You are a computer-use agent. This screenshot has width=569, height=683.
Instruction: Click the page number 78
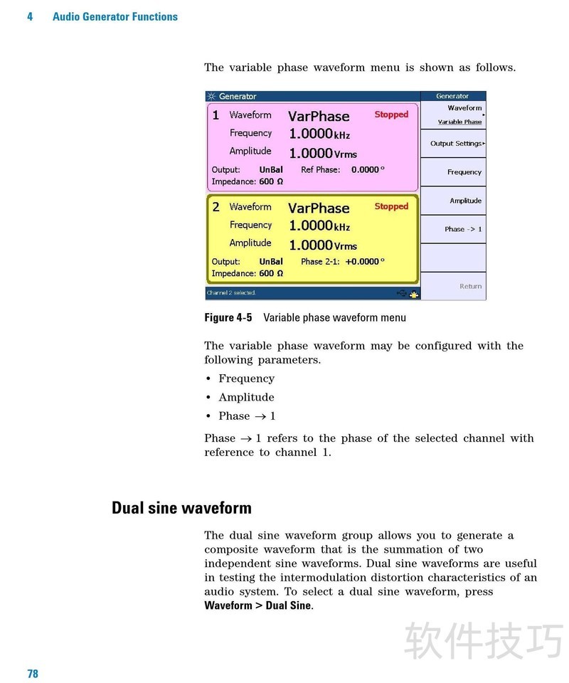click(33, 674)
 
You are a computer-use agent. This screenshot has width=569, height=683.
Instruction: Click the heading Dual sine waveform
click(181, 508)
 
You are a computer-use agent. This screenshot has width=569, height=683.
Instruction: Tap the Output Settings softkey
click(456, 144)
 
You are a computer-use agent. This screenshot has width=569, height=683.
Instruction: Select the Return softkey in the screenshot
click(470, 286)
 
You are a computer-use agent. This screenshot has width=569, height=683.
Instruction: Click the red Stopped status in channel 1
click(391, 115)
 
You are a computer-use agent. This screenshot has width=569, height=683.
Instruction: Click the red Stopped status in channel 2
click(391, 206)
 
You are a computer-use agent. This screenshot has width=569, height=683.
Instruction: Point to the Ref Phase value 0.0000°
click(368, 170)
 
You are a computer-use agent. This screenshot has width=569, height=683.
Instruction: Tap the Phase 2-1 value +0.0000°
click(364, 262)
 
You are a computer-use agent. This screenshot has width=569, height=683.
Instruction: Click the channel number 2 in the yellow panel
click(216, 207)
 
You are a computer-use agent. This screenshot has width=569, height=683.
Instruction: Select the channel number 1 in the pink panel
click(216, 115)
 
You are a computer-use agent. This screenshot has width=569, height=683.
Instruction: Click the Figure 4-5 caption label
click(228, 317)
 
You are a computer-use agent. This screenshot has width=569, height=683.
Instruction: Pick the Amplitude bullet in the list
click(246, 397)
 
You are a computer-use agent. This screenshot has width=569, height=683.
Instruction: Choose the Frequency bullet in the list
click(246, 378)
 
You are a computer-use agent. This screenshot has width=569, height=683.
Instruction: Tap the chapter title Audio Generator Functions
click(115, 16)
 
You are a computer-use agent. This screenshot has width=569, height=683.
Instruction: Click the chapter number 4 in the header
click(30, 16)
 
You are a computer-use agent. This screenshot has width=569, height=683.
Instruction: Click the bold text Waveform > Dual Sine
click(258, 605)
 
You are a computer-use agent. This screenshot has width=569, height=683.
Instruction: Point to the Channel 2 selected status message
click(231, 293)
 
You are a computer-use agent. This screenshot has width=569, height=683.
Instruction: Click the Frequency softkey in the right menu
click(464, 172)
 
